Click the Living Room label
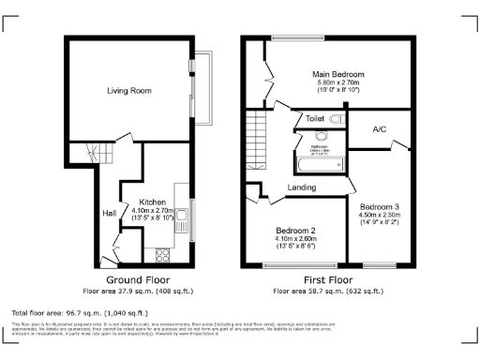coord(128,91)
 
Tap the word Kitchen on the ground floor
coord(154,202)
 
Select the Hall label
coord(109,214)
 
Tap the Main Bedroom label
coord(338,74)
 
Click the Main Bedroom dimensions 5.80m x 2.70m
coord(338,82)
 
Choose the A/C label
coord(380,129)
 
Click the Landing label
coord(301,187)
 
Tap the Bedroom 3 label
coord(379,206)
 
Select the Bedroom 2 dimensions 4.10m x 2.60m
coord(294,238)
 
